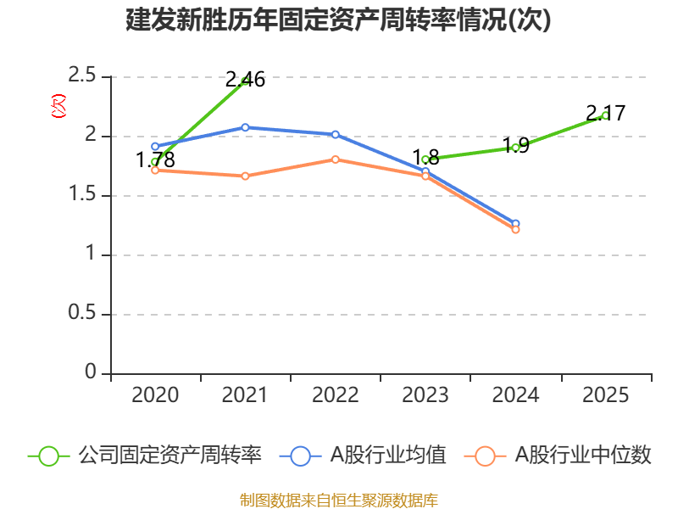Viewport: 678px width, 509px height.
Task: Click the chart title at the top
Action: tap(339, 20)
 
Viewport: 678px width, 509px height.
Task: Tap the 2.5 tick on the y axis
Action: tap(83, 77)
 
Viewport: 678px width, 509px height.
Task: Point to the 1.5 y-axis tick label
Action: tap(83, 196)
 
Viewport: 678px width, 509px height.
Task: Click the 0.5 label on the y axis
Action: tap(83, 315)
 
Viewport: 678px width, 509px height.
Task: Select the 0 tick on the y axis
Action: tap(92, 373)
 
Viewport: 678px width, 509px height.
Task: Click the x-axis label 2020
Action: tap(155, 395)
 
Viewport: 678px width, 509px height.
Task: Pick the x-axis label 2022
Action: tap(336, 395)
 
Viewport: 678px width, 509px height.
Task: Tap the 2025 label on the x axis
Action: tap(606, 395)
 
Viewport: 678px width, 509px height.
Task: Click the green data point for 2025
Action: tap(605, 115)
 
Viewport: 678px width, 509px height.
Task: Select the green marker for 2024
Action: tap(515, 148)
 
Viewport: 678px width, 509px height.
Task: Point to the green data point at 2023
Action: tap(425, 159)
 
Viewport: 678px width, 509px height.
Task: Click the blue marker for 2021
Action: tap(245, 127)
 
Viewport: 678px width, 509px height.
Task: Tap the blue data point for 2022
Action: tap(336, 135)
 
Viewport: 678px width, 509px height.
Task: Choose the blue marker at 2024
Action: tap(515, 223)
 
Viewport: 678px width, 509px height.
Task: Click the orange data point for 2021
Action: tap(245, 176)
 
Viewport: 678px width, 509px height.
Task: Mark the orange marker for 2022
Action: tap(336, 159)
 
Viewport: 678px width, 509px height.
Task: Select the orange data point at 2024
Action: tap(515, 230)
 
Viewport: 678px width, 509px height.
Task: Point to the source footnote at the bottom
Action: tap(339, 500)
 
